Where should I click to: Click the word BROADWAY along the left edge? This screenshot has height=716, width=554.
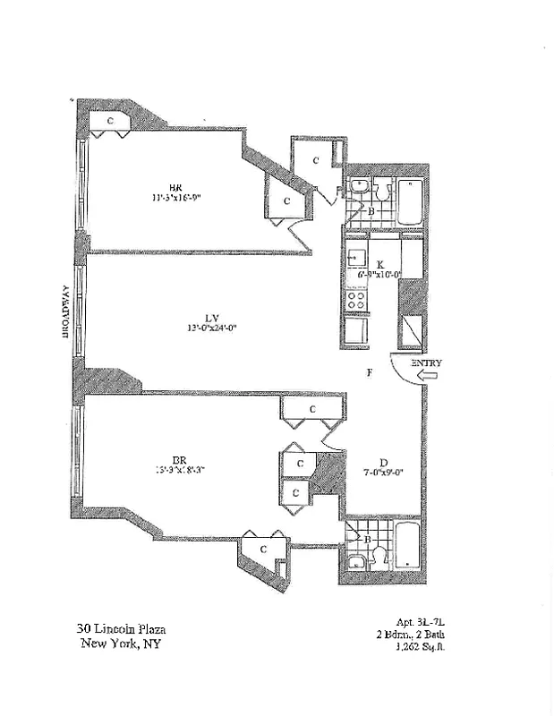point(66,311)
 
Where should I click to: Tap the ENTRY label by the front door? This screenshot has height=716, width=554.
point(426,363)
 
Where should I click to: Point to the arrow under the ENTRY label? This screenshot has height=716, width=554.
point(427,378)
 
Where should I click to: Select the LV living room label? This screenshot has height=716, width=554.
point(212,317)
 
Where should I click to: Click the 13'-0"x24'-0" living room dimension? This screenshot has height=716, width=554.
point(212,328)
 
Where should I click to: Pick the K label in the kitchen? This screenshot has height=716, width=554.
point(380,265)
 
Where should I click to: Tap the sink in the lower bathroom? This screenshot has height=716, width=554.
point(355,562)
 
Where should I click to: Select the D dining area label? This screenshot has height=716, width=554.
point(382,463)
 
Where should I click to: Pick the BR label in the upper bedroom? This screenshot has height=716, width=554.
point(176,187)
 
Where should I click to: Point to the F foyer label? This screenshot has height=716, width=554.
point(368,372)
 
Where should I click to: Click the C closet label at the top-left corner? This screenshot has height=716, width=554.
point(110,119)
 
